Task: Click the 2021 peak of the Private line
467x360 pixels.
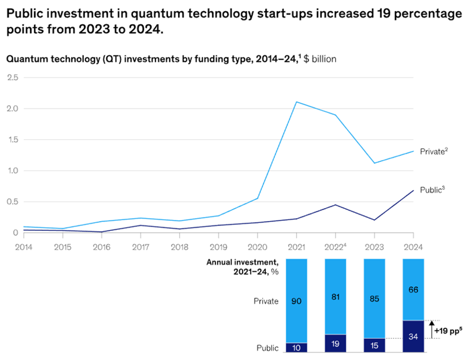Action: [297, 102]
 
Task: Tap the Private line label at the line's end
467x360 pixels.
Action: [434, 151]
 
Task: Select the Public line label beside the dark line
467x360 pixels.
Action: [432, 190]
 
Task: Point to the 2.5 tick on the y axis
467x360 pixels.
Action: [12, 77]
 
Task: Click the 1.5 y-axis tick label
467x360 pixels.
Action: [12, 139]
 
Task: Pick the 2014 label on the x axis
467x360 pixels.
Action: [24, 247]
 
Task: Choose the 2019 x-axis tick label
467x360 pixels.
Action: [218, 247]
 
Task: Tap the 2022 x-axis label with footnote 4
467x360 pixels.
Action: [335, 247]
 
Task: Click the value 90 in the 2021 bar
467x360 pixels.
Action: [296, 301]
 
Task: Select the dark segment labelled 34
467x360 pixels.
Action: [414, 336]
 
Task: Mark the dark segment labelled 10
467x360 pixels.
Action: [296, 348]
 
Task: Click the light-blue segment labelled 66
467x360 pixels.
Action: [414, 290]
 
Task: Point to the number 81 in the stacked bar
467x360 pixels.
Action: [335, 297]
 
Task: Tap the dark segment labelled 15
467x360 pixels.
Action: [375, 345]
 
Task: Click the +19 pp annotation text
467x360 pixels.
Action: [448, 331]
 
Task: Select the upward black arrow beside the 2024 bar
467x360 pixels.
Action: [432, 329]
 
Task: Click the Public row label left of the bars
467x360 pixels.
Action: [267, 348]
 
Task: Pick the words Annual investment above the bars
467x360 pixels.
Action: [242, 262]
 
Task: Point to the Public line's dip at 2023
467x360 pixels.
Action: [375, 220]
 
